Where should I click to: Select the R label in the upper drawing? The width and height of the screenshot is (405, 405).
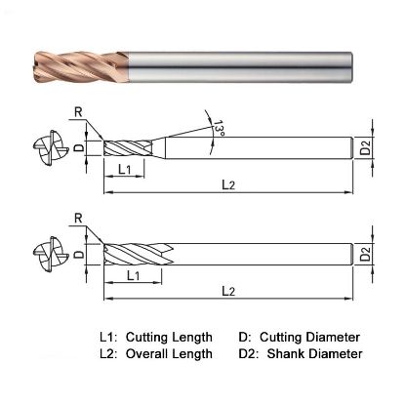click(77, 112)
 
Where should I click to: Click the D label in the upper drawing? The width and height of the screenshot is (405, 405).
click(83, 148)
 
